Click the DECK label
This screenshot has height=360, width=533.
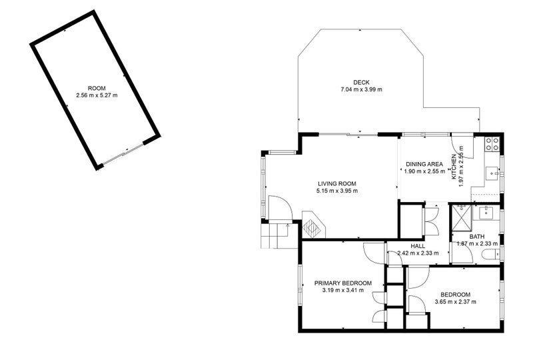pyautogui.click(x=362, y=82)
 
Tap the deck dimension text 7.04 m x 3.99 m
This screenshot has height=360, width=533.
pyautogui.click(x=362, y=89)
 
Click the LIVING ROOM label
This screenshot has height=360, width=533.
pyautogui.click(x=336, y=184)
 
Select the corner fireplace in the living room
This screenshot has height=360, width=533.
pyautogui.click(x=312, y=225)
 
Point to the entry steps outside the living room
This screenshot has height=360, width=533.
pyautogui.click(x=275, y=234)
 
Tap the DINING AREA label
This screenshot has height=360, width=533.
pyautogui.click(x=424, y=163)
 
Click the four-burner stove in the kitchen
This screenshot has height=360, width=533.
pyautogui.click(x=493, y=141)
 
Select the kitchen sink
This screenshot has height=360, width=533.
pyautogui.click(x=493, y=171)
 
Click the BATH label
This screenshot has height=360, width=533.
pyautogui.click(x=477, y=237)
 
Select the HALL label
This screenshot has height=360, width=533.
pyautogui.click(x=418, y=246)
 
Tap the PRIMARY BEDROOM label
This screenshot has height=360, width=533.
pyautogui.click(x=342, y=283)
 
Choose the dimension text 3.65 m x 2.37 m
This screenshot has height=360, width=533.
pyautogui.click(x=456, y=302)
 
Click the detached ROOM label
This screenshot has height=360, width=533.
pyautogui.click(x=96, y=89)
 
